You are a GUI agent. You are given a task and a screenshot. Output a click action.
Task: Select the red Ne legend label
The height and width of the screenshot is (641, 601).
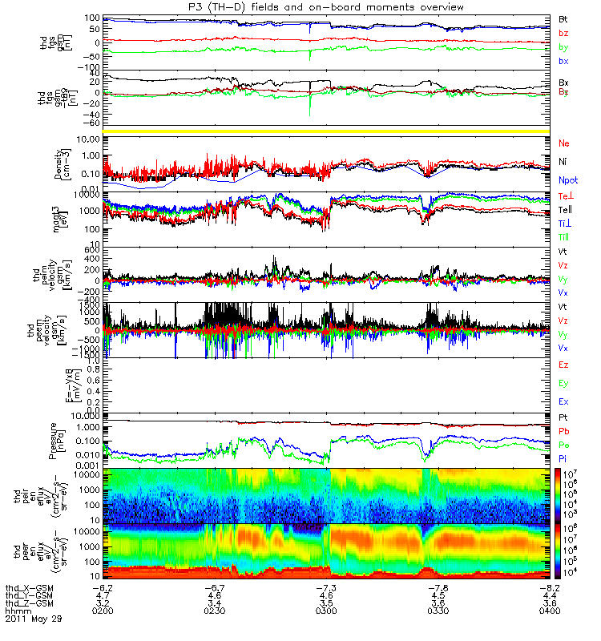point(563,143)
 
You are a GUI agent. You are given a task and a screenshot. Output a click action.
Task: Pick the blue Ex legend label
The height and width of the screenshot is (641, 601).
point(563,401)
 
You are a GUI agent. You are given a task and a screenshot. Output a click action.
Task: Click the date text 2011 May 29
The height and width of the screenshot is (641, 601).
point(33,619)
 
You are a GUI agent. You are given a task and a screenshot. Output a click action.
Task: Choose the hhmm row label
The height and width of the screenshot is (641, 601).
point(16,611)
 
